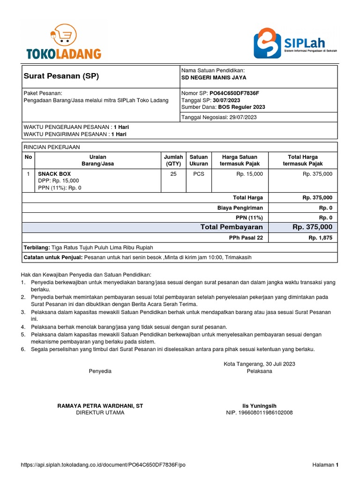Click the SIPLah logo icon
tap(268, 43)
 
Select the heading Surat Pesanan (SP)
tap(61, 76)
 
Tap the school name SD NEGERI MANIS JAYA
tap(214, 78)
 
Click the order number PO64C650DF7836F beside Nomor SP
tap(234, 93)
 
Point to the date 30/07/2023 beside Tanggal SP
tap(227, 100)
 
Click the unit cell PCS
tap(199, 174)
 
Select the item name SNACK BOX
tap(54, 174)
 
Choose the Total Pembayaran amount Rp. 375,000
tap(312, 227)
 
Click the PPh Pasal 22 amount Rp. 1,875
tap(320, 238)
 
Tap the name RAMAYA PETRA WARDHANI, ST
tap(100, 405)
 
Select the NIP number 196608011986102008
tap(259, 412)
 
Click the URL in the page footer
tap(104, 465)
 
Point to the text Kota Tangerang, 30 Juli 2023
tap(259, 364)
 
